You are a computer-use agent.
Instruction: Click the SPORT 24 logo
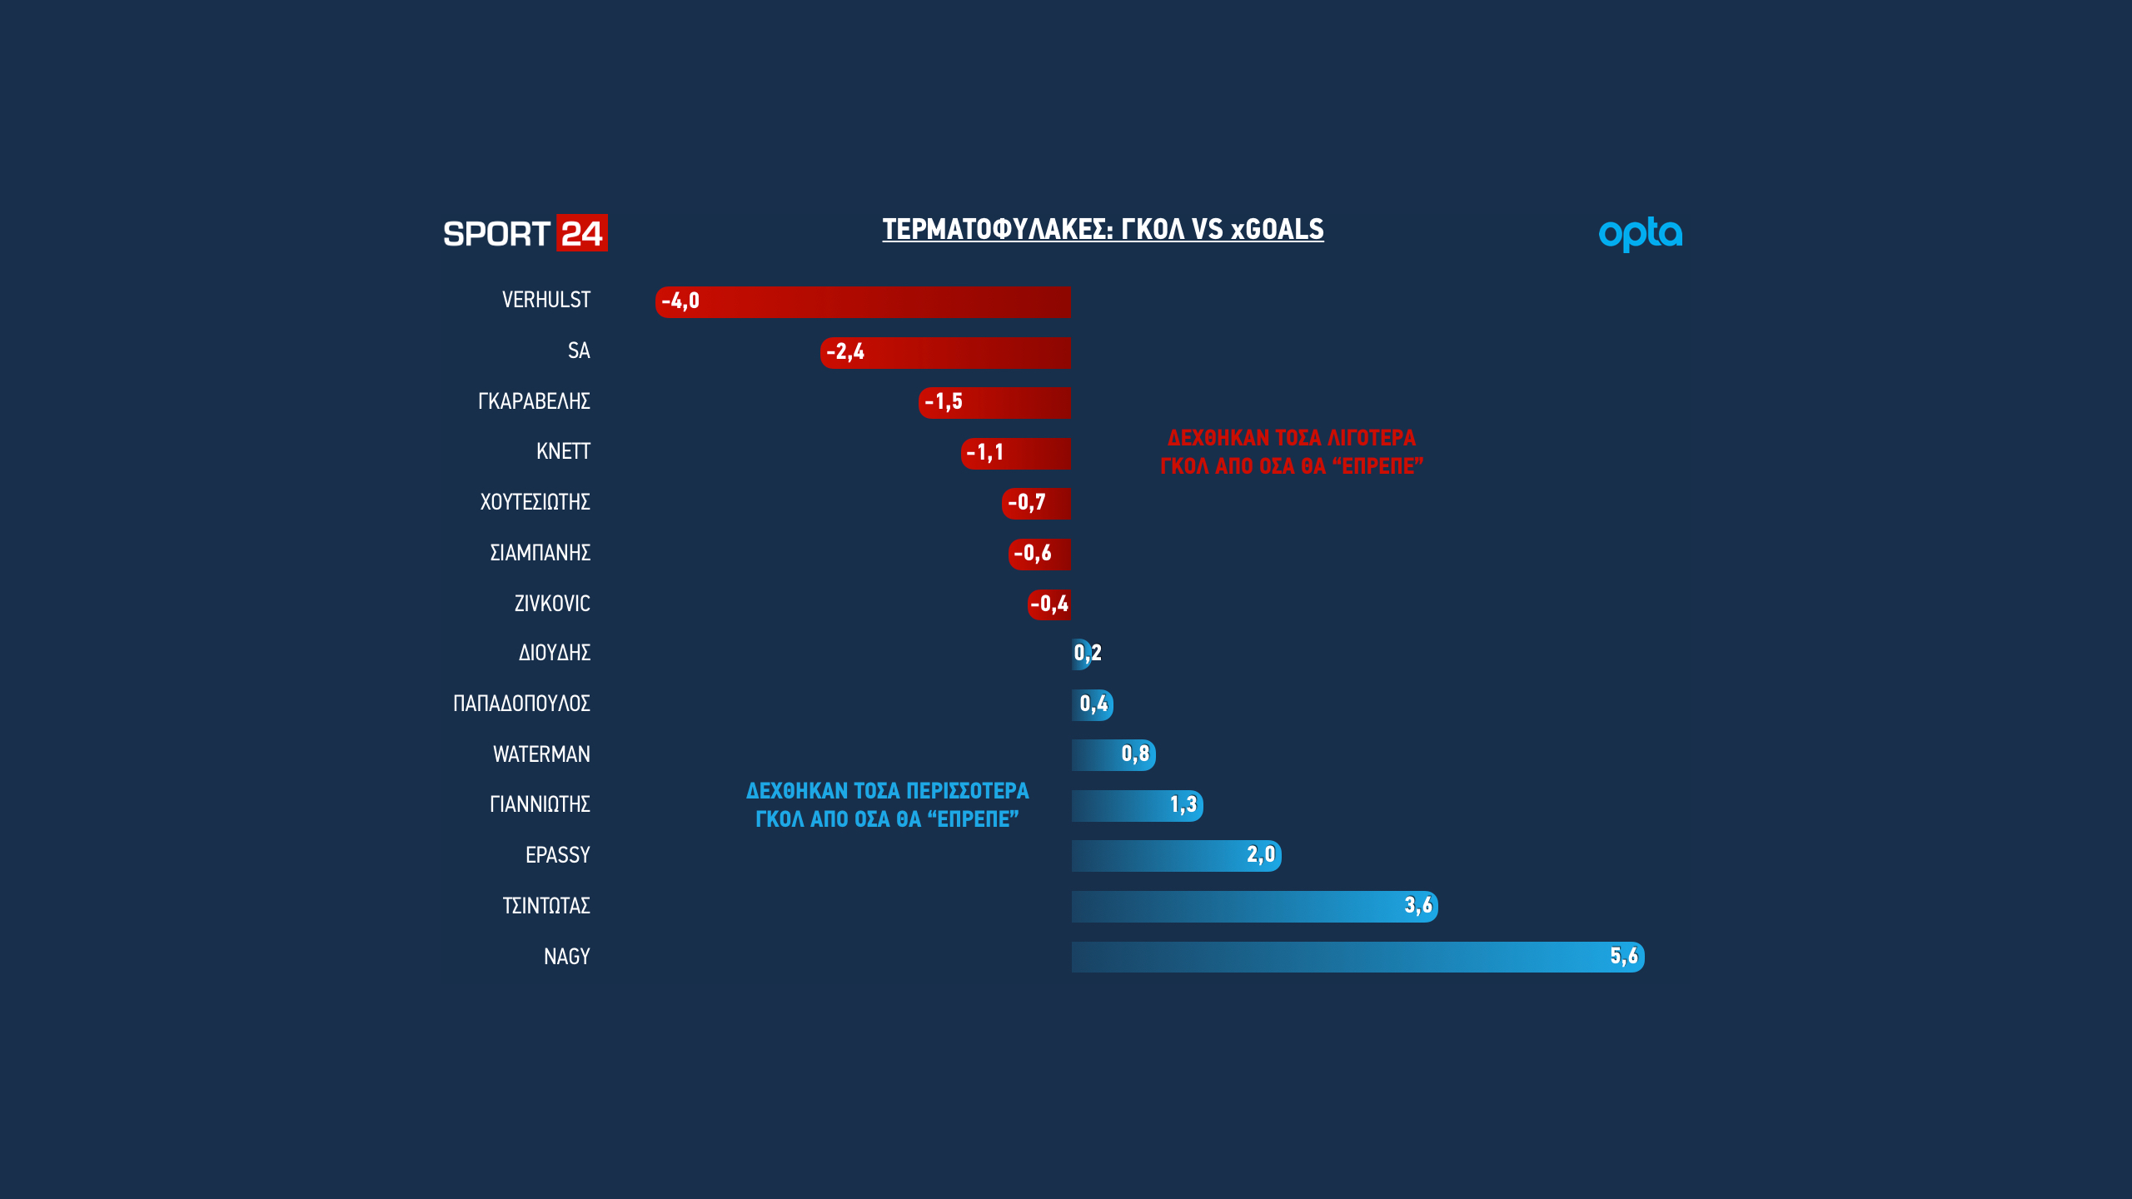[x=525, y=233]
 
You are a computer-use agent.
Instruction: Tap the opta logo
[x=1640, y=234]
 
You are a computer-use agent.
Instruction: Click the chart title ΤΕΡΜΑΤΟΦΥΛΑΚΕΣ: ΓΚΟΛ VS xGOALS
[x=1103, y=229]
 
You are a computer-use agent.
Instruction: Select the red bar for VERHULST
[x=863, y=301]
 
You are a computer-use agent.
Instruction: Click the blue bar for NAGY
[x=1357, y=957]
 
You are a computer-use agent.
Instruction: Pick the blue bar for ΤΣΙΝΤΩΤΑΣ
[x=1254, y=906]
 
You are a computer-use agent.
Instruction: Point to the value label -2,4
[x=845, y=352]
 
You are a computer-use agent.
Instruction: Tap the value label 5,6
[x=1623, y=956]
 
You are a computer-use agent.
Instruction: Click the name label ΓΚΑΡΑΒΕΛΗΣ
[x=534, y=401]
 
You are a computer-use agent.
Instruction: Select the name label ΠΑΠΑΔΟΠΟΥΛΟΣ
[x=521, y=704]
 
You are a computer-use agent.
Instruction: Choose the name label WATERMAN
[x=541, y=754]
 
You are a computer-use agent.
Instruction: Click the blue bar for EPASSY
[x=1176, y=855]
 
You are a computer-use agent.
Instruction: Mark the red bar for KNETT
[x=1015, y=453]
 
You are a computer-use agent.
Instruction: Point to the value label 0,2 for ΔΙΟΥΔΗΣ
[x=1088, y=653]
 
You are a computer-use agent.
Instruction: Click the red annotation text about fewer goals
[x=1292, y=452]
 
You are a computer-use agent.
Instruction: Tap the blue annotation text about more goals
[x=887, y=805]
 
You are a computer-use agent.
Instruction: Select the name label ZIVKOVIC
[x=552, y=604]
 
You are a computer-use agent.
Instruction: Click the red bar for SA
[x=945, y=352]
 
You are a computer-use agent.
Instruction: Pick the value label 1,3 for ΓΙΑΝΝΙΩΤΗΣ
[x=1183, y=804]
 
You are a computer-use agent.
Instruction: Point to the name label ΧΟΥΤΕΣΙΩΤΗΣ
[x=535, y=502]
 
